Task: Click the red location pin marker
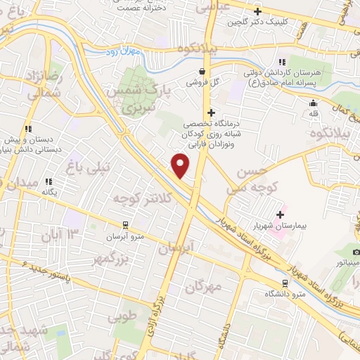point(181,165)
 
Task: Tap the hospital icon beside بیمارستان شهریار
point(281,214)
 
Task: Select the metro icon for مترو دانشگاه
point(284,283)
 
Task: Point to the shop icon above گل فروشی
point(202,71)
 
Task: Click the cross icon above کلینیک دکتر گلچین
point(258,11)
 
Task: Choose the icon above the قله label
point(313,103)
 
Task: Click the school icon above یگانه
point(49,181)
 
